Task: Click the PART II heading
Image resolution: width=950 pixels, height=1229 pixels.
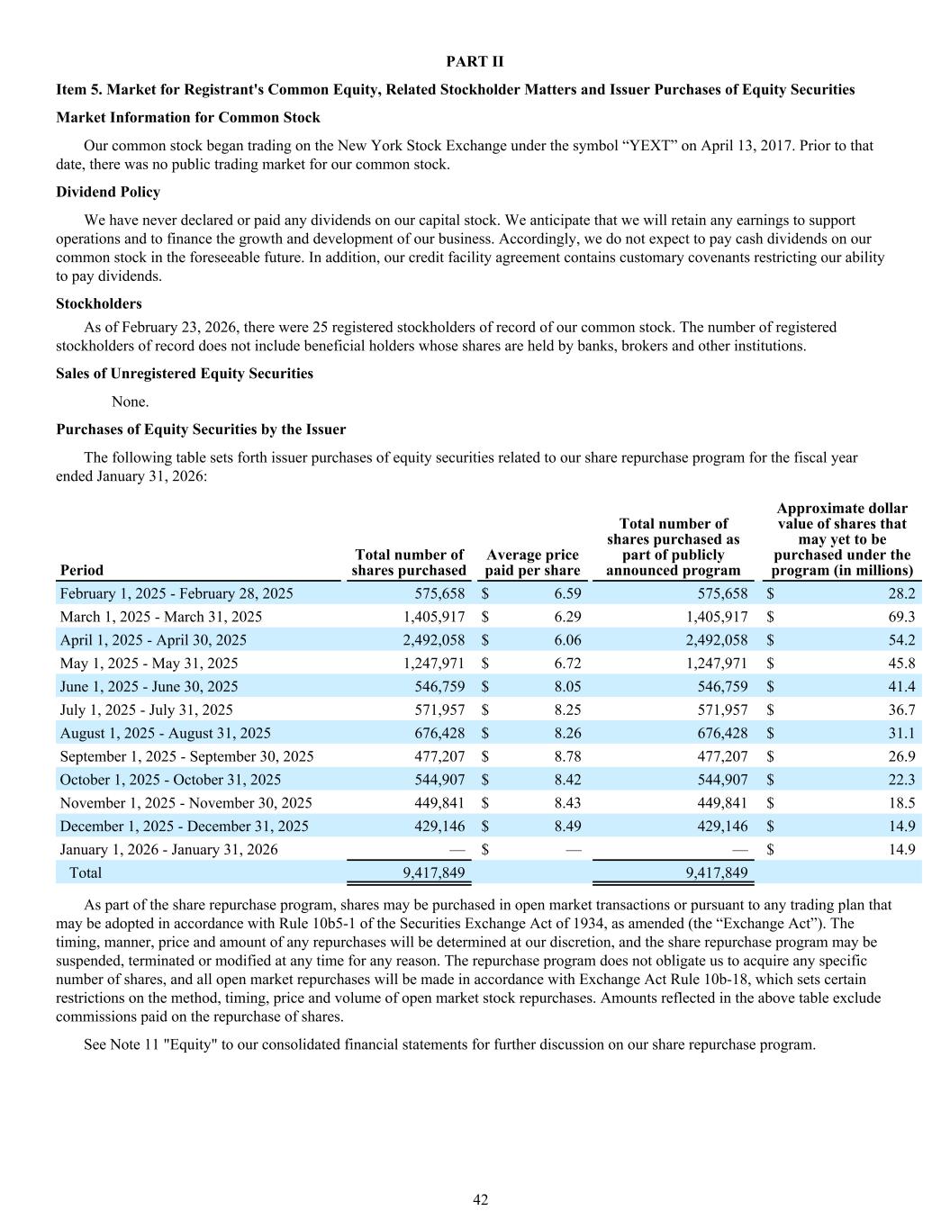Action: click(x=475, y=62)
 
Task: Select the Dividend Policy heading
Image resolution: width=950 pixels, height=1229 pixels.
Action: click(x=108, y=193)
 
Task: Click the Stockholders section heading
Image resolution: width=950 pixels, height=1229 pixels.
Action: click(x=99, y=304)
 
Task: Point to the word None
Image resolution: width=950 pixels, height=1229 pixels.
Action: click(x=130, y=402)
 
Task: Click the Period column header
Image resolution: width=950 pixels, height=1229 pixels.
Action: click(x=82, y=570)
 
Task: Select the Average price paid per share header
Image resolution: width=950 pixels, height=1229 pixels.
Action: click(x=531, y=563)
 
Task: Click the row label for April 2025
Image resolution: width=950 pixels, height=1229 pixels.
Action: click(x=153, y=640)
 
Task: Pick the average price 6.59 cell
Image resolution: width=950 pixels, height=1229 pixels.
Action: click(x=567, y=594)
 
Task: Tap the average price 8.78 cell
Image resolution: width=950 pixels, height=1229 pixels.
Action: click(x=567, y=756)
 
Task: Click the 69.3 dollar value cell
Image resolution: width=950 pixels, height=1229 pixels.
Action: click(x=900, y=617)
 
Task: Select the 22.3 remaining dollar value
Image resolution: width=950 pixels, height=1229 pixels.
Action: click(x=900, y=780)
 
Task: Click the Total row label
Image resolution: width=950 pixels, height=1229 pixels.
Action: click(x=86, y=872)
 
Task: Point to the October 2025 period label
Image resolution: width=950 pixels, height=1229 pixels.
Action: click(x=170, y=780)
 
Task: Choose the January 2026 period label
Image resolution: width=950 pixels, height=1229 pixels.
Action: click(x=168, y=849)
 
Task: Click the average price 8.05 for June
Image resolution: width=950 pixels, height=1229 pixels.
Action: click(x=567, y=686)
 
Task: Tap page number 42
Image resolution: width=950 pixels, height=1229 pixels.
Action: click(x=481, y=1199)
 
